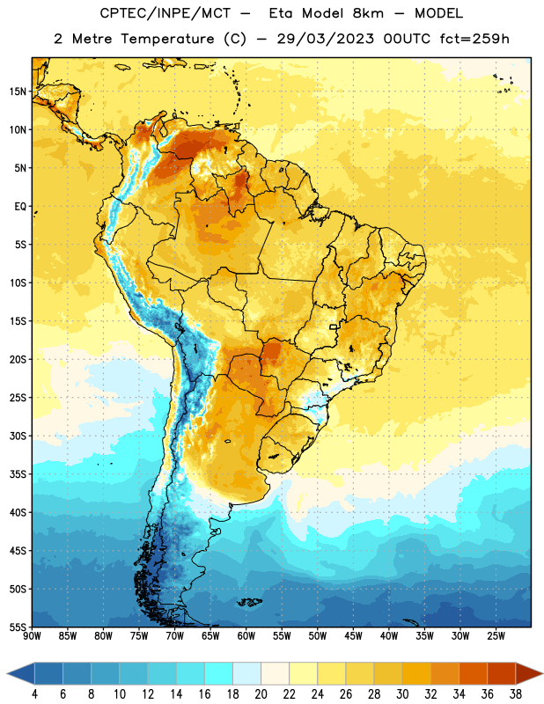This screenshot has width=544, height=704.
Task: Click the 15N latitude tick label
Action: click(x=18, y=92)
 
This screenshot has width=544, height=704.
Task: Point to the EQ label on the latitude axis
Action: click(x=20, y=207)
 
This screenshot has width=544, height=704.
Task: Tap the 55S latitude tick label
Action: click(x=18, y=627)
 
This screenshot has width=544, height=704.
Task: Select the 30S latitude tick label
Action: click(x=18, y=436)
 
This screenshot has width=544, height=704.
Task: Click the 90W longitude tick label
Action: click(x=32, y=636)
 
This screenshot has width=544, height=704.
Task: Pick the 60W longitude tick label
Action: click(x=246, y=636)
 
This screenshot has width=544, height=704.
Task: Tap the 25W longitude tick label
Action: click(x=496, y=636)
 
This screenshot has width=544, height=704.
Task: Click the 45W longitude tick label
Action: click(x=353, y=636)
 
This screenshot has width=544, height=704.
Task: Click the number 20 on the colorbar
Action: click(x=261, y=694)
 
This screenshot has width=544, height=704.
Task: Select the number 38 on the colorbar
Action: click(x=516, y=694)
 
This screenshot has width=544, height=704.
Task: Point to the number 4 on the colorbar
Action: click(x=34, y=694)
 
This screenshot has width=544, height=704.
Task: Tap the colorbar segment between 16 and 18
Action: click(x=219, y=673)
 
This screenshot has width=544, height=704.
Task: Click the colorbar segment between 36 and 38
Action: click(x=502, y=673)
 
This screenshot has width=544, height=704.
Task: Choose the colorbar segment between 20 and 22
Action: click(x=276, y=673)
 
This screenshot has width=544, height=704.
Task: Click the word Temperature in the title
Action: click(x=167, y=39)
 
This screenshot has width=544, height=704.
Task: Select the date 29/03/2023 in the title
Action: click(x=325, y=39)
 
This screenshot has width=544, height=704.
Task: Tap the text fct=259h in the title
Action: click(x=474, y=39)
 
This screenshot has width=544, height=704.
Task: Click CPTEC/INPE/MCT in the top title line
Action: click(x=165, y=13)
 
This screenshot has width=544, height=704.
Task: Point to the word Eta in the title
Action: click(x=281, y=13)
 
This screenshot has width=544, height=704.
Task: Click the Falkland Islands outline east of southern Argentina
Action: click(x=250, y=602)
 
